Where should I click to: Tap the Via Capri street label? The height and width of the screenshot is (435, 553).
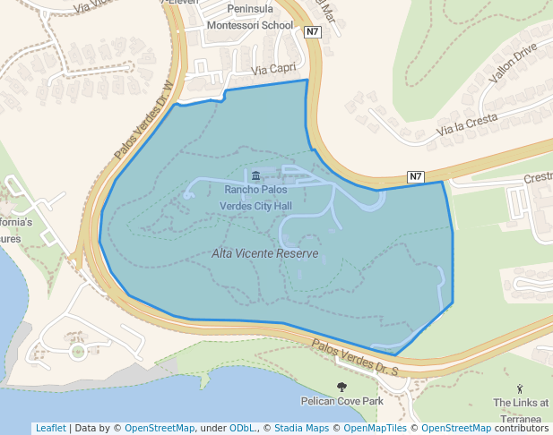[x=273, y=69]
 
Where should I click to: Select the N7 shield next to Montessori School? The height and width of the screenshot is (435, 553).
[x=312, y=32]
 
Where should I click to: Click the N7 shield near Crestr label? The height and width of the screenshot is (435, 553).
[x=415, y=176]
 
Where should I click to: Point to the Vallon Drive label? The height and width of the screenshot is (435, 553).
[x=512, y=62]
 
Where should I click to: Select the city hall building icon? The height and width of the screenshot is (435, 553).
[x=256, y=175]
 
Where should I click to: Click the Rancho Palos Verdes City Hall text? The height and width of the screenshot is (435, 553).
[x=256, y=198]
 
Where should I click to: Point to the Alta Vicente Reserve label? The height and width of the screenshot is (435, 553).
[x=265, y=253]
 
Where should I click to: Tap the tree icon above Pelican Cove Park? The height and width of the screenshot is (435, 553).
[x=341, y=386]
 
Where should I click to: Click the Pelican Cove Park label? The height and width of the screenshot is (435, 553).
[x=341, y=401]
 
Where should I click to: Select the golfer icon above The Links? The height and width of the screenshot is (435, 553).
[x=521, y=388]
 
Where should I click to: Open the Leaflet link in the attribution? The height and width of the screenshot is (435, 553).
[x=50, y=428]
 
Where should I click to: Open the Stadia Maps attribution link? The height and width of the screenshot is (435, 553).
[x=301, y=428]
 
